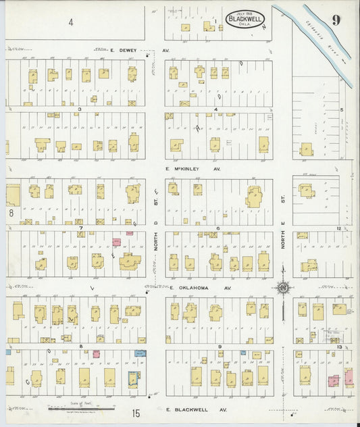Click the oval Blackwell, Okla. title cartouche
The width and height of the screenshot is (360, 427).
click(245, 18)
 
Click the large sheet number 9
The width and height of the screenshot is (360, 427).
click(336, 20)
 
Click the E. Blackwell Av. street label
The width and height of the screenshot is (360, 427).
click(197, 409)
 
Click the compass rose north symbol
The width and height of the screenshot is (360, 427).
click(282, 288)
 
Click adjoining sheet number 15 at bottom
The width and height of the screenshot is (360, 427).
click(136, 412)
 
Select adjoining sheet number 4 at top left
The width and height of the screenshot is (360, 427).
click(70, 22)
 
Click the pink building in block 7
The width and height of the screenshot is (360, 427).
click(116, 241)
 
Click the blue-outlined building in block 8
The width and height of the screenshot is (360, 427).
click(133, 379)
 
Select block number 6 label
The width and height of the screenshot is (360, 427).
click(217, 228)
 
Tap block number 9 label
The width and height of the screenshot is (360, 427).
click(220, 347)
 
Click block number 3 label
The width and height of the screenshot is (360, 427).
click(79, 109)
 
